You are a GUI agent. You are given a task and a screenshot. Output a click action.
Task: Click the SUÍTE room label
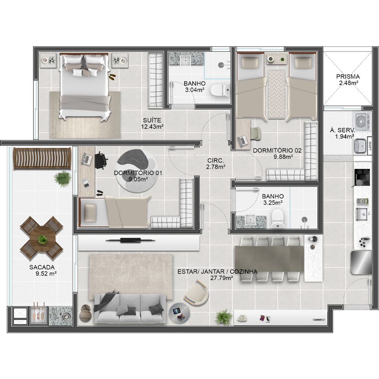click(x=152, y=120)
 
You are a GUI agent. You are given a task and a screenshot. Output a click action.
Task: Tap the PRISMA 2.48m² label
click(x=348, y=80)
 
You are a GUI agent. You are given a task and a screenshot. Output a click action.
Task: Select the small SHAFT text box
click(x=369, y=146)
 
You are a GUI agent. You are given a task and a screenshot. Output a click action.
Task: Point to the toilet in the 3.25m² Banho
click(x=277, y=219)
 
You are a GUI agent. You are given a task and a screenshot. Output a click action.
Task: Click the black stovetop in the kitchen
click(x=362, y=177)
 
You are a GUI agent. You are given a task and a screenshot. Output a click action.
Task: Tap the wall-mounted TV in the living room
click(x=130, y=240)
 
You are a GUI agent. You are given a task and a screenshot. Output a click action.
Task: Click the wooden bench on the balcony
click(x=42, y=158)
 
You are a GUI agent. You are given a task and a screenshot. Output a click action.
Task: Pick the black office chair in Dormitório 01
click(x=100, y=160)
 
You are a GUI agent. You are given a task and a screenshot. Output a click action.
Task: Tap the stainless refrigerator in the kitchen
click(x=361, y=262)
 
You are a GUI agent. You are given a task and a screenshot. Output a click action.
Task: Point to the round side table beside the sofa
click(x=179, y=313)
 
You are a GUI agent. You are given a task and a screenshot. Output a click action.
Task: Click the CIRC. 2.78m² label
click(x=216, y=163)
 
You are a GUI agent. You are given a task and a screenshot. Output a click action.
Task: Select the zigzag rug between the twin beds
click(x=277, y=94)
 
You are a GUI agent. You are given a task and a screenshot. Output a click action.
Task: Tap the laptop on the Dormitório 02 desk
click(x=243, y=141)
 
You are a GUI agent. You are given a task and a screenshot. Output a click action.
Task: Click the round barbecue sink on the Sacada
click(x=65, y=316)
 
